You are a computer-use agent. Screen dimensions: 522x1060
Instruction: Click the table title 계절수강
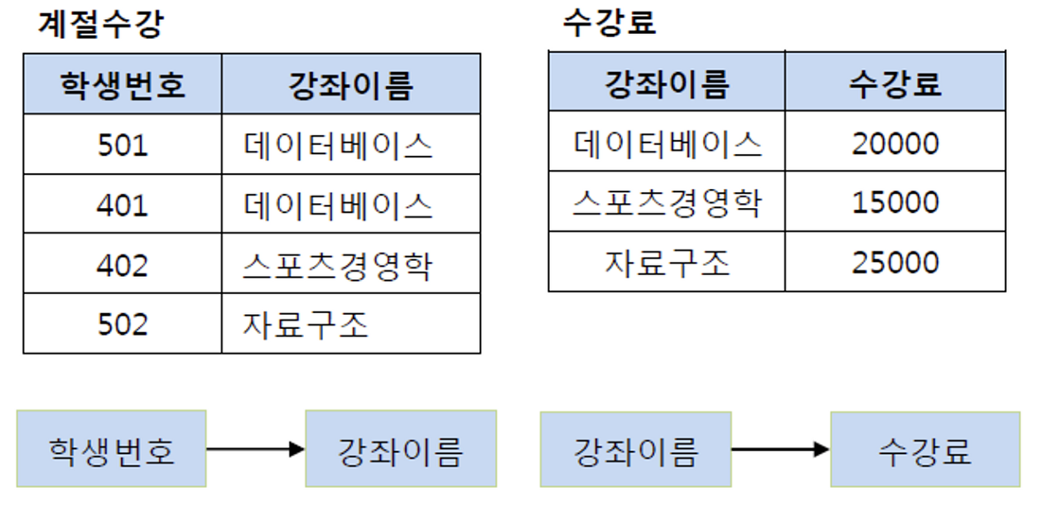[x=101, y=24]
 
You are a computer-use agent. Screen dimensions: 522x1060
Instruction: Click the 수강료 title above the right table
[x=609, y=22]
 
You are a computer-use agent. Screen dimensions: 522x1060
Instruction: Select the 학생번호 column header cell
[x=123, y=85]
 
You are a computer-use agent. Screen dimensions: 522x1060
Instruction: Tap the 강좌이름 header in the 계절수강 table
[x=351, y=85]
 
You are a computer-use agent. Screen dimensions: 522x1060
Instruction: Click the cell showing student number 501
[x=123, y=145]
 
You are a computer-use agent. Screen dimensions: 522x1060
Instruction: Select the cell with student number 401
[x=123, y=205]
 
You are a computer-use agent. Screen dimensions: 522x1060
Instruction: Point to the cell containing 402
[x=123, y=264]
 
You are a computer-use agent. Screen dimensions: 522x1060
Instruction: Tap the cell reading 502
[x=123, y=324]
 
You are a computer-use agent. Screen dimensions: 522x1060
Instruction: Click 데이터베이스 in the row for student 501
[x=339, y=145]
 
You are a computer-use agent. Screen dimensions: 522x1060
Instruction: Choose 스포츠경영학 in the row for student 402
[x=339, y=264]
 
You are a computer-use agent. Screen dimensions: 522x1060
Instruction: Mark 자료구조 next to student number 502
[x=305, y=324]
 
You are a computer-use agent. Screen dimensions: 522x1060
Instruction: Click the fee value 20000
[x=895, y=143]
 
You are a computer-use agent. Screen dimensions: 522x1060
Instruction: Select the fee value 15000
[x=895, y=203]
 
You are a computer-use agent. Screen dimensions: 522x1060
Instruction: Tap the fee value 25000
[x=895, y=263]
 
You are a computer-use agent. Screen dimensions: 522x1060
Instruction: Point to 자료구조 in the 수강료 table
[x=667, y=263]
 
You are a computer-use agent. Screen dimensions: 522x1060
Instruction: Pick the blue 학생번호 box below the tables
[x=111, y=449]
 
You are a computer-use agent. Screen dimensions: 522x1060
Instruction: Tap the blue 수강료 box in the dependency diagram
[x=925, y=450]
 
